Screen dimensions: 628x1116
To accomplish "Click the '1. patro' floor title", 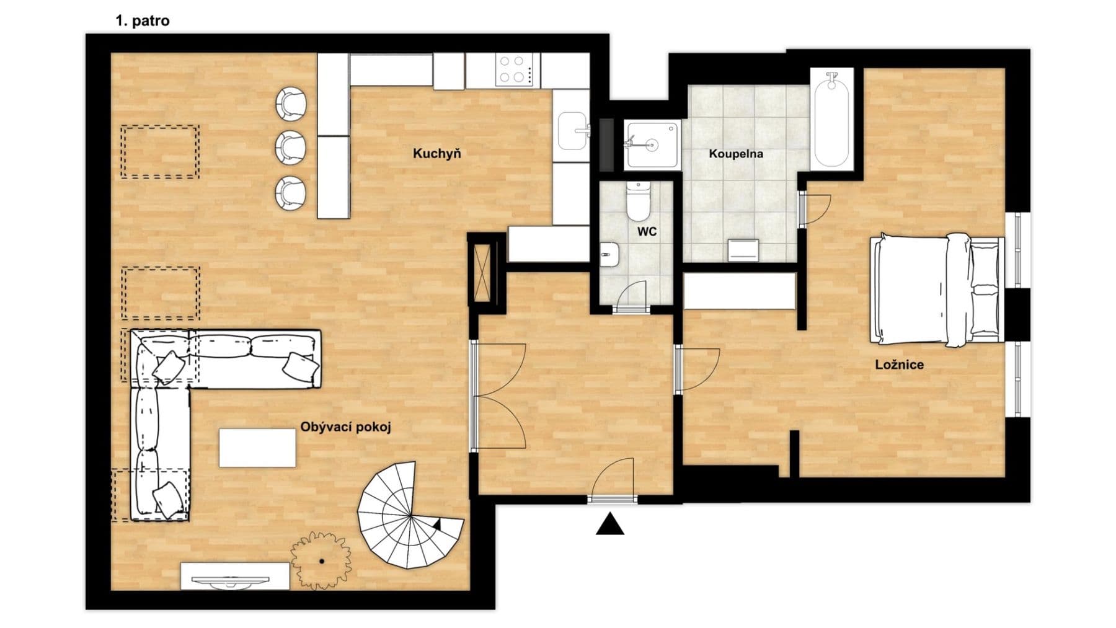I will click(142, 20).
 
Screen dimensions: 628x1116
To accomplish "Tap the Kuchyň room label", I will click(436, 154).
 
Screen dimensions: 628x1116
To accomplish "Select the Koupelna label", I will click(735, 154).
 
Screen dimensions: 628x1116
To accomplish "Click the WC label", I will click(647, 232).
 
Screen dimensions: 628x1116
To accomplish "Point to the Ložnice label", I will click(899, 365).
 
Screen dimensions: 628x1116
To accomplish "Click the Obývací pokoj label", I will click(345, 427).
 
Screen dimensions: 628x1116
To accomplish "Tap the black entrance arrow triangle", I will click(610, 524).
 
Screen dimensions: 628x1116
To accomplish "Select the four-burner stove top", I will click(516, 69).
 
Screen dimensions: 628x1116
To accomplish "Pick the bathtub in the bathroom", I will click(831, 119).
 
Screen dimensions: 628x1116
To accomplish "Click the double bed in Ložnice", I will click(936, 289).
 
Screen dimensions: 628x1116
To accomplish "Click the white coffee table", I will click(257, 448).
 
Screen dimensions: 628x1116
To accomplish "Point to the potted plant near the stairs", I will click(321, 561).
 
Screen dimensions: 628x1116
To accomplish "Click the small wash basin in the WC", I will click(609, 254).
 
